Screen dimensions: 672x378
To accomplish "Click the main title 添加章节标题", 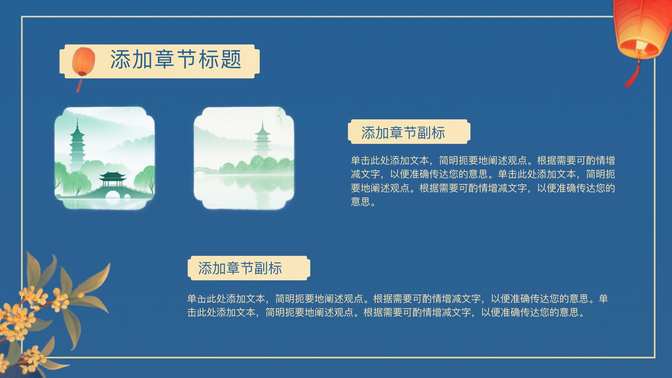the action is click(x=176, y=59).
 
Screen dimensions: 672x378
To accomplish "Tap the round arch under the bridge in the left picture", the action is click(x=113, y=195).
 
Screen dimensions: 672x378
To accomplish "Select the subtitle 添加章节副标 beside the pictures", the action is click(x=403, y=133).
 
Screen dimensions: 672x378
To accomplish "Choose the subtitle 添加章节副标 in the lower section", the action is click(x=240, y=268).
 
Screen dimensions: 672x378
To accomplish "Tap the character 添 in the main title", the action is click(x=121, y=59).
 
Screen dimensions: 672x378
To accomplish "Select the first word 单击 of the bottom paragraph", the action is click(x=197, y=299).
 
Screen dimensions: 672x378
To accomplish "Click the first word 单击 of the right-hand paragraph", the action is click(x=360, y=161).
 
